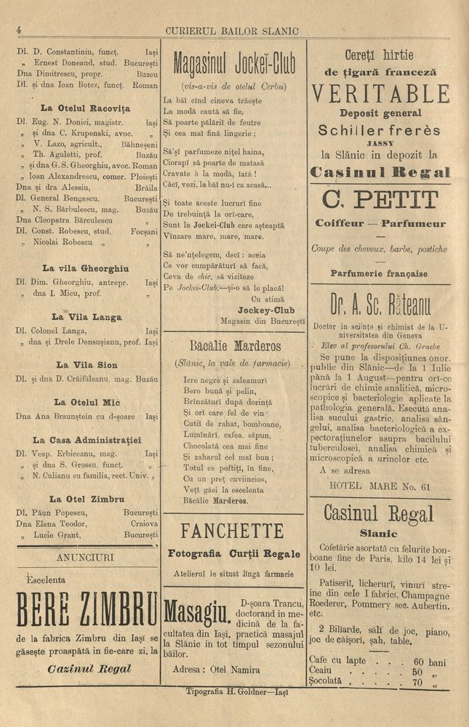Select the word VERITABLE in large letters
click(x=380, y=94)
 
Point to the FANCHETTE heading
click(x=232, y=530)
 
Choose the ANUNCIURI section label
click(x=86, y=558)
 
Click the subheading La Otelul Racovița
click(x=85, y=108)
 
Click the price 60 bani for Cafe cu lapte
click(x=429, y=662)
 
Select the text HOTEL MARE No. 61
click(x=380, y=486)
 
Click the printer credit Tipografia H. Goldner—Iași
click(x=237, y=692)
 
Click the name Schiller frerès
click(x=380, y=131)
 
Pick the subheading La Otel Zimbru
click(x=87, y=499)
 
